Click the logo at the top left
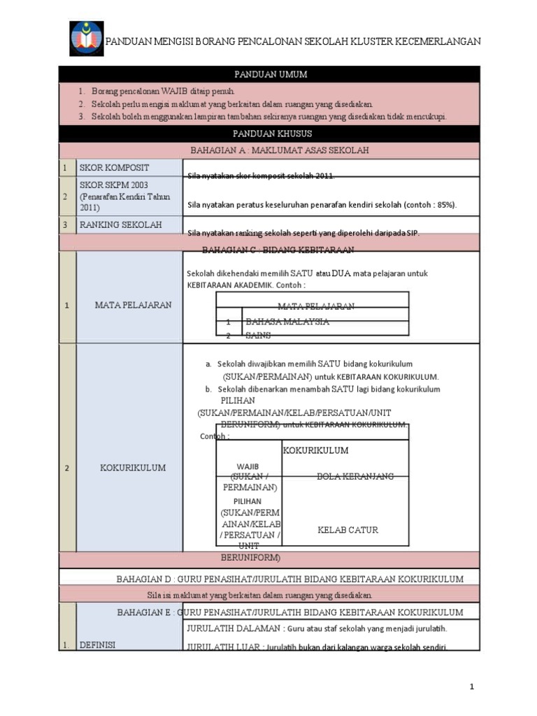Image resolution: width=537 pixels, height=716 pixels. [x=86, y=39]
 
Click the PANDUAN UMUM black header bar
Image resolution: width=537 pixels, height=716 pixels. [x=270, y=74]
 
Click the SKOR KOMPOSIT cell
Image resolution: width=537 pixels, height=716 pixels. [x=115, y=168]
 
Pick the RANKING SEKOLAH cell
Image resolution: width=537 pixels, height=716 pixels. [x=121, y=224]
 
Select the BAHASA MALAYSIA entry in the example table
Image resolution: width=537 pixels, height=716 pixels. [x=287, y=322]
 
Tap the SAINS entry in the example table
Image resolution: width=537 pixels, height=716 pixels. [x=258, y=336]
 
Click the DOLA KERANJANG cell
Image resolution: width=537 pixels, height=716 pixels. [x=355, y=475]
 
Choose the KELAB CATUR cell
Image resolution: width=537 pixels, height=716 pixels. [x=348, y=530]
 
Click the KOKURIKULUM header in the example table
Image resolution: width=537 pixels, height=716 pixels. [x=315, y=450]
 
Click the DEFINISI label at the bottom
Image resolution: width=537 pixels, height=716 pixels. [x=97, y=645]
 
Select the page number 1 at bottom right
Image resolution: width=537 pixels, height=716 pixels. [x=472, y=687]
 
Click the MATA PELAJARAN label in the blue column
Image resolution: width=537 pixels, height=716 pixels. [x=133, y=305]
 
